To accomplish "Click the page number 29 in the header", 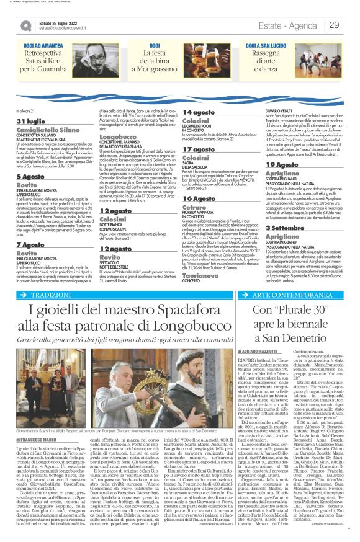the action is click(334, 25).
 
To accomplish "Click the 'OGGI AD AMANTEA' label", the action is click(45, 47).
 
